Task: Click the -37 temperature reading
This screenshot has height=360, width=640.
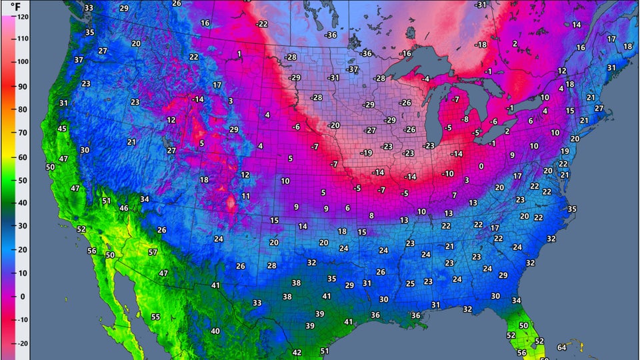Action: (353, 69)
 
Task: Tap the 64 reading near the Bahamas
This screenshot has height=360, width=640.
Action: (561, 347)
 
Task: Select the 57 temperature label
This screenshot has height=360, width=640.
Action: (153, 252)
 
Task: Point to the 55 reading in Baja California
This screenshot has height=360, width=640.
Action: (155, 317)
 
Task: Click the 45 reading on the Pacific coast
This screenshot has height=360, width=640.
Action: (62, 129)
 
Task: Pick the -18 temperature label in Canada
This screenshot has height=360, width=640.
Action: (481, 45)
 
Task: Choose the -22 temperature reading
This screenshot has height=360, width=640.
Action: (262, 24)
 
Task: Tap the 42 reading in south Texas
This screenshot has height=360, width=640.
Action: (297, 353)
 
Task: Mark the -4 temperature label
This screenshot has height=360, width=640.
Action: (425, 79)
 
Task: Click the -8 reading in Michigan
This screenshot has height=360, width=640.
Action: (465, 119)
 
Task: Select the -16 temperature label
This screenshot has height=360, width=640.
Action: (405, 53)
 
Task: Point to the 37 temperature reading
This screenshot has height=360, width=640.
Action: (79, 60)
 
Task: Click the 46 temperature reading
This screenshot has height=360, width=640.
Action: (123, 208)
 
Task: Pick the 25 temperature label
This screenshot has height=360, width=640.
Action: (410, 283)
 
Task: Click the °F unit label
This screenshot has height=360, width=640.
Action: (15, 5)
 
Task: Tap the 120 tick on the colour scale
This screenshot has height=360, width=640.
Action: (23, 15)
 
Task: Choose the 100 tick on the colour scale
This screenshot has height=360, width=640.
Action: (23, 62)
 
